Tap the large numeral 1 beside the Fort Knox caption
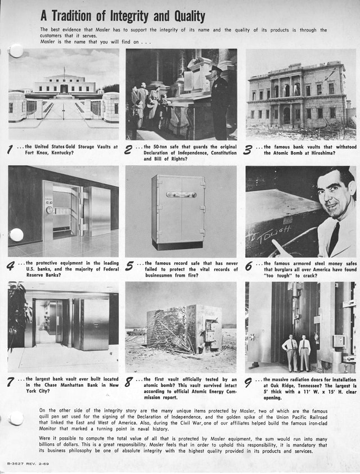click(x=11, y=150)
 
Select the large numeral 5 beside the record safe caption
click(x=130, y=265)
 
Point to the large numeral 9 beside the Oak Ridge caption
click(x=249, y=383)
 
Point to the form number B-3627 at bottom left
click(x=16, y=463)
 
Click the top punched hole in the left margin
click(x=16, y=51)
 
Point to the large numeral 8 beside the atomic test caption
click(x=129, y=383)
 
